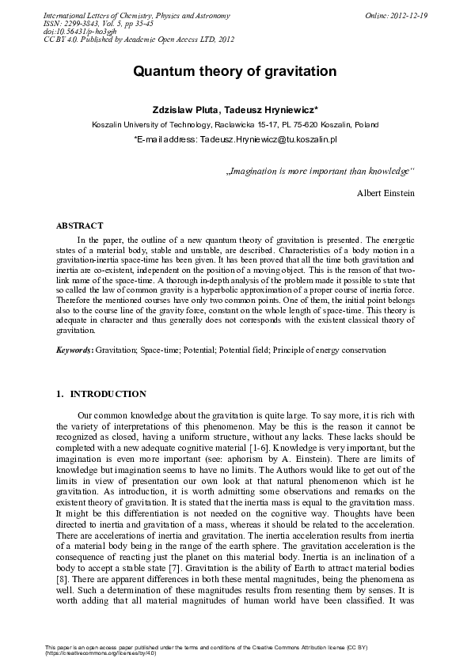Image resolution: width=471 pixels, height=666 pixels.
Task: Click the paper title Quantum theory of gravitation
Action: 235,72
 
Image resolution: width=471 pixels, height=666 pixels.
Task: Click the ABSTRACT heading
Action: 79,225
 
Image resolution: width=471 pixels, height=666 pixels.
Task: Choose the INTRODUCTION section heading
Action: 108,394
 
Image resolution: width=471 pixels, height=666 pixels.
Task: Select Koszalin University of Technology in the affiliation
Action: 151,124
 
